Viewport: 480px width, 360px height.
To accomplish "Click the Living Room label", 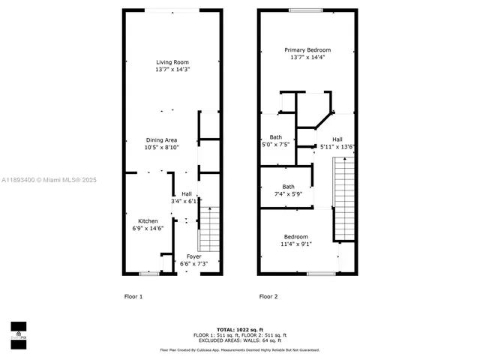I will [172, 65].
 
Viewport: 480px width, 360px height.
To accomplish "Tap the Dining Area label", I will [161, 144].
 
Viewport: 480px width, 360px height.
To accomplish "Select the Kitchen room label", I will [148, 225].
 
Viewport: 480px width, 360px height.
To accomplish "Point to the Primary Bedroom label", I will [307, 53].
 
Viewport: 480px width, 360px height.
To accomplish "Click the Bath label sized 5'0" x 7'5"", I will [276, 141].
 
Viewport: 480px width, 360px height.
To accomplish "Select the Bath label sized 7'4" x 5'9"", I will [288, 190].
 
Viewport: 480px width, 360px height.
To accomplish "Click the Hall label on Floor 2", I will [337, 142].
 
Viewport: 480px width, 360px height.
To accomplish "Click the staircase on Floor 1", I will [209, 229].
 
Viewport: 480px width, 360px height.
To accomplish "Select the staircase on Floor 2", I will [344, 201].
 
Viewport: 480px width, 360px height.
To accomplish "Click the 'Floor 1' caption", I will [133, 297].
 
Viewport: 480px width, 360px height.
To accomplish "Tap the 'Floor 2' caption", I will [268, 297].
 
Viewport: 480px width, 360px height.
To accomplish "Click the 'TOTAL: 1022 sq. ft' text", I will [239, 329].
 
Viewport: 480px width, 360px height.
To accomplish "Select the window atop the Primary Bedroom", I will [306, 10].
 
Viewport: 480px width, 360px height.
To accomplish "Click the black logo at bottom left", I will [18, 331].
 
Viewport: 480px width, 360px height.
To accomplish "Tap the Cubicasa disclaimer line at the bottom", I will [239, 349].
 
